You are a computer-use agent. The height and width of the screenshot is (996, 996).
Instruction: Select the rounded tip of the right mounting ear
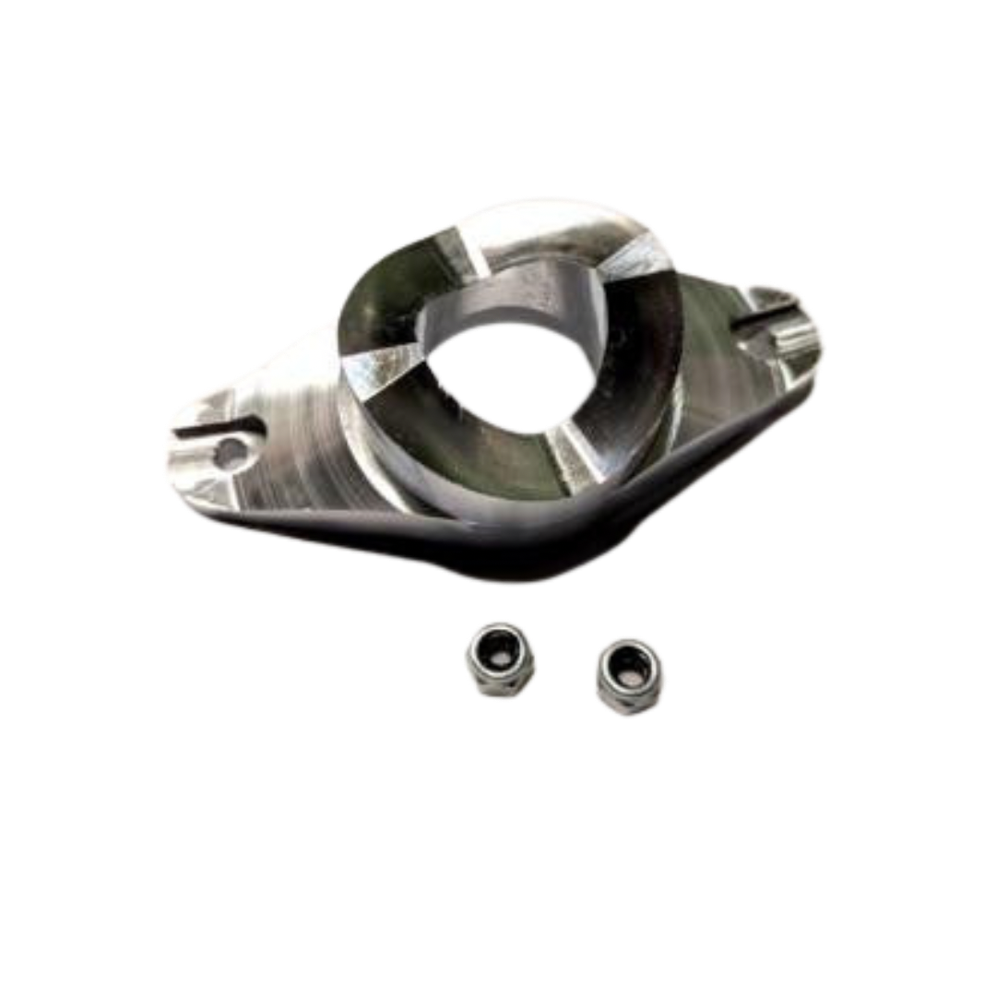816,337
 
